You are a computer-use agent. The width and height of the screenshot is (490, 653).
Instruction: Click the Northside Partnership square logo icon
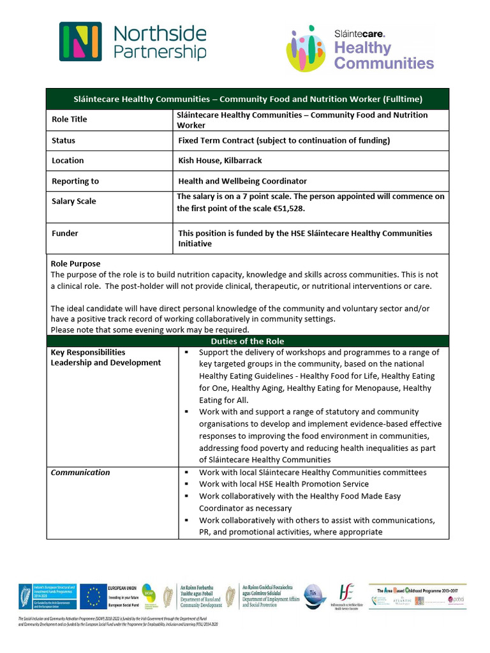[x=80, y=42]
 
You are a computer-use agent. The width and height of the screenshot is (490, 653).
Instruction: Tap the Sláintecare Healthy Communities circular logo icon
[x=306, y=48]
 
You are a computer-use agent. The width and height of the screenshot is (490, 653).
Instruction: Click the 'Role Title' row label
[x=69, y=119]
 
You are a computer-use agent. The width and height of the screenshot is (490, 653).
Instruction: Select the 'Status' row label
[x=63, y=140]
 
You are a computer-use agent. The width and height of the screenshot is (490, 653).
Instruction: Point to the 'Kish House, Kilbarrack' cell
[x=220, y=161]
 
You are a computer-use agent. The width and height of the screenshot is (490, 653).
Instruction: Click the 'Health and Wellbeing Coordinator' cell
[x=242, y=181]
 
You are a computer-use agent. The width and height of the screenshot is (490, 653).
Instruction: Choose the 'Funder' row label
[x=65, y=233]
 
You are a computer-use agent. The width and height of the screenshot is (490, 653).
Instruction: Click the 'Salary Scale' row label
[x=74, y=202]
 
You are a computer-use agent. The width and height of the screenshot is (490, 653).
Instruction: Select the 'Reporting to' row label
[x=75, y=181]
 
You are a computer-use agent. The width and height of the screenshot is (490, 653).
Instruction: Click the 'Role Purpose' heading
[x=75, y=263]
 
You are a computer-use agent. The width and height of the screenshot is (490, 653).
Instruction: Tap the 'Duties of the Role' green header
[x=248, y=341]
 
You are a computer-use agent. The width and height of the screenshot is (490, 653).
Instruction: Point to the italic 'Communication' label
[x=80, y=473]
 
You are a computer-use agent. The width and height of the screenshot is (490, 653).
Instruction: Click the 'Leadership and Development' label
[x=106, y=363]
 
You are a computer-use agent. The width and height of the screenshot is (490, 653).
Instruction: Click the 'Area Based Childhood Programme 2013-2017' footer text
[x=417, y=588]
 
